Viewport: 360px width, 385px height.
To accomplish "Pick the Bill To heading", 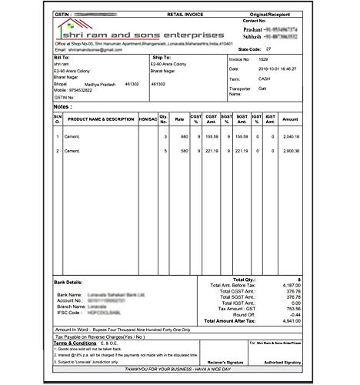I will (x=62, y=58).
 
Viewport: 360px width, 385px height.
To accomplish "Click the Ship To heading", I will (x=161, y=58).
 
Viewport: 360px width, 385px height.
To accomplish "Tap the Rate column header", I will (x=179, y=119).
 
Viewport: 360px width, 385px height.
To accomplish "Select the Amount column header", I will (x=290, y=119).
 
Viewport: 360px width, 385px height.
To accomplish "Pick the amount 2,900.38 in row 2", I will (x=291, y=152).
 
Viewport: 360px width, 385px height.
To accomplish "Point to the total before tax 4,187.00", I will (x=288, y=284).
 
